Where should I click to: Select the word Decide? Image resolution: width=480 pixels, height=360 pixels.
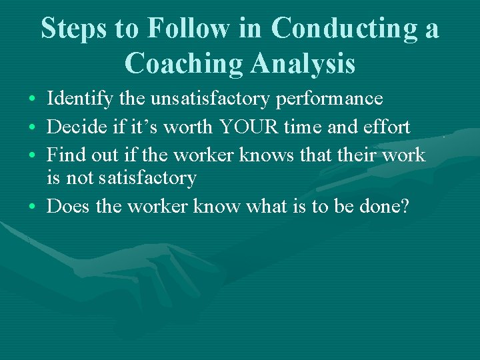[x=73, y=127]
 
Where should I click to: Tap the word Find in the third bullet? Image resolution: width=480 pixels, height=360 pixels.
[x=65, y=155]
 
